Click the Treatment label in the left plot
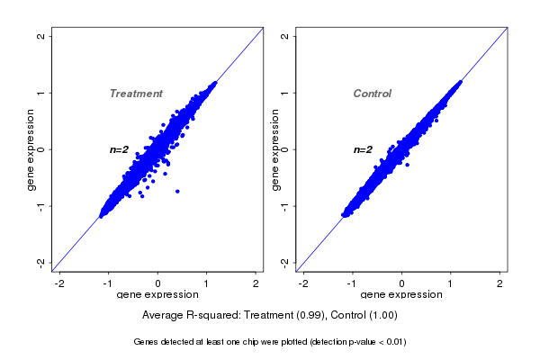coord(136,94)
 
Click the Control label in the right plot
coord(372,94)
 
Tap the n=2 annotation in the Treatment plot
coord(120,149)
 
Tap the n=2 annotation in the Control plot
coord(363,149)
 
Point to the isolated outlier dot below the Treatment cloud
coord(177,191)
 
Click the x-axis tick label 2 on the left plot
coord(256,284)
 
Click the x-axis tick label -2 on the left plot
coord(59,284)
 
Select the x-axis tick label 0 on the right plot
coord(401,284)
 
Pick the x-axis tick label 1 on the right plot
coord(451,284)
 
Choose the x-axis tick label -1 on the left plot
coord(108,284)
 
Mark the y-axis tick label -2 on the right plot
coord(285,262)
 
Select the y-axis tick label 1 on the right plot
coord(285,93)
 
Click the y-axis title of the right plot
coord(274,149)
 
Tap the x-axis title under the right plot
coord(401,295)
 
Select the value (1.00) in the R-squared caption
coord(378,316)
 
